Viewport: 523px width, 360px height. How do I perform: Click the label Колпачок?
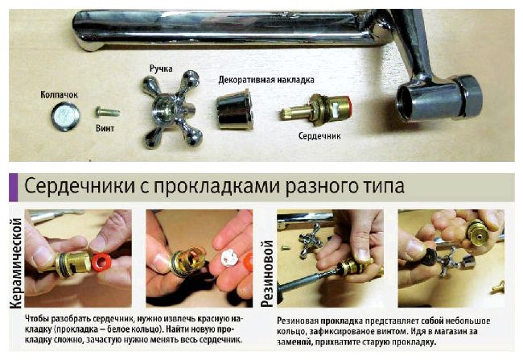click(59, 95)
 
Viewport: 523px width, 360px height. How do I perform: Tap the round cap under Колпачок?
click(65, 116)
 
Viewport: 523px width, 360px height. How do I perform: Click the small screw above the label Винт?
click(107, 111)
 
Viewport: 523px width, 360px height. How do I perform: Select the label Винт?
click(105, 128)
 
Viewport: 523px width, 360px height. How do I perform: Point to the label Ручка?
click(161, 68)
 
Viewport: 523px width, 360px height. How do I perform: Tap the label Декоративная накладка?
click(266, 81)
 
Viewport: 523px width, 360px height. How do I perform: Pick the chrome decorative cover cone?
click(234, 109)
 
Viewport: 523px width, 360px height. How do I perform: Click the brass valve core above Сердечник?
click(315, 110)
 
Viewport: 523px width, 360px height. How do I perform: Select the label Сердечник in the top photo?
click(319, 136)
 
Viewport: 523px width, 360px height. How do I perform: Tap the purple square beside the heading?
click(13, 187)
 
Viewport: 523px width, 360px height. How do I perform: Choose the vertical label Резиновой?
click(267, 273)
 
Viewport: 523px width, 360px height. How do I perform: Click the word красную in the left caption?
click(212, 319)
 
